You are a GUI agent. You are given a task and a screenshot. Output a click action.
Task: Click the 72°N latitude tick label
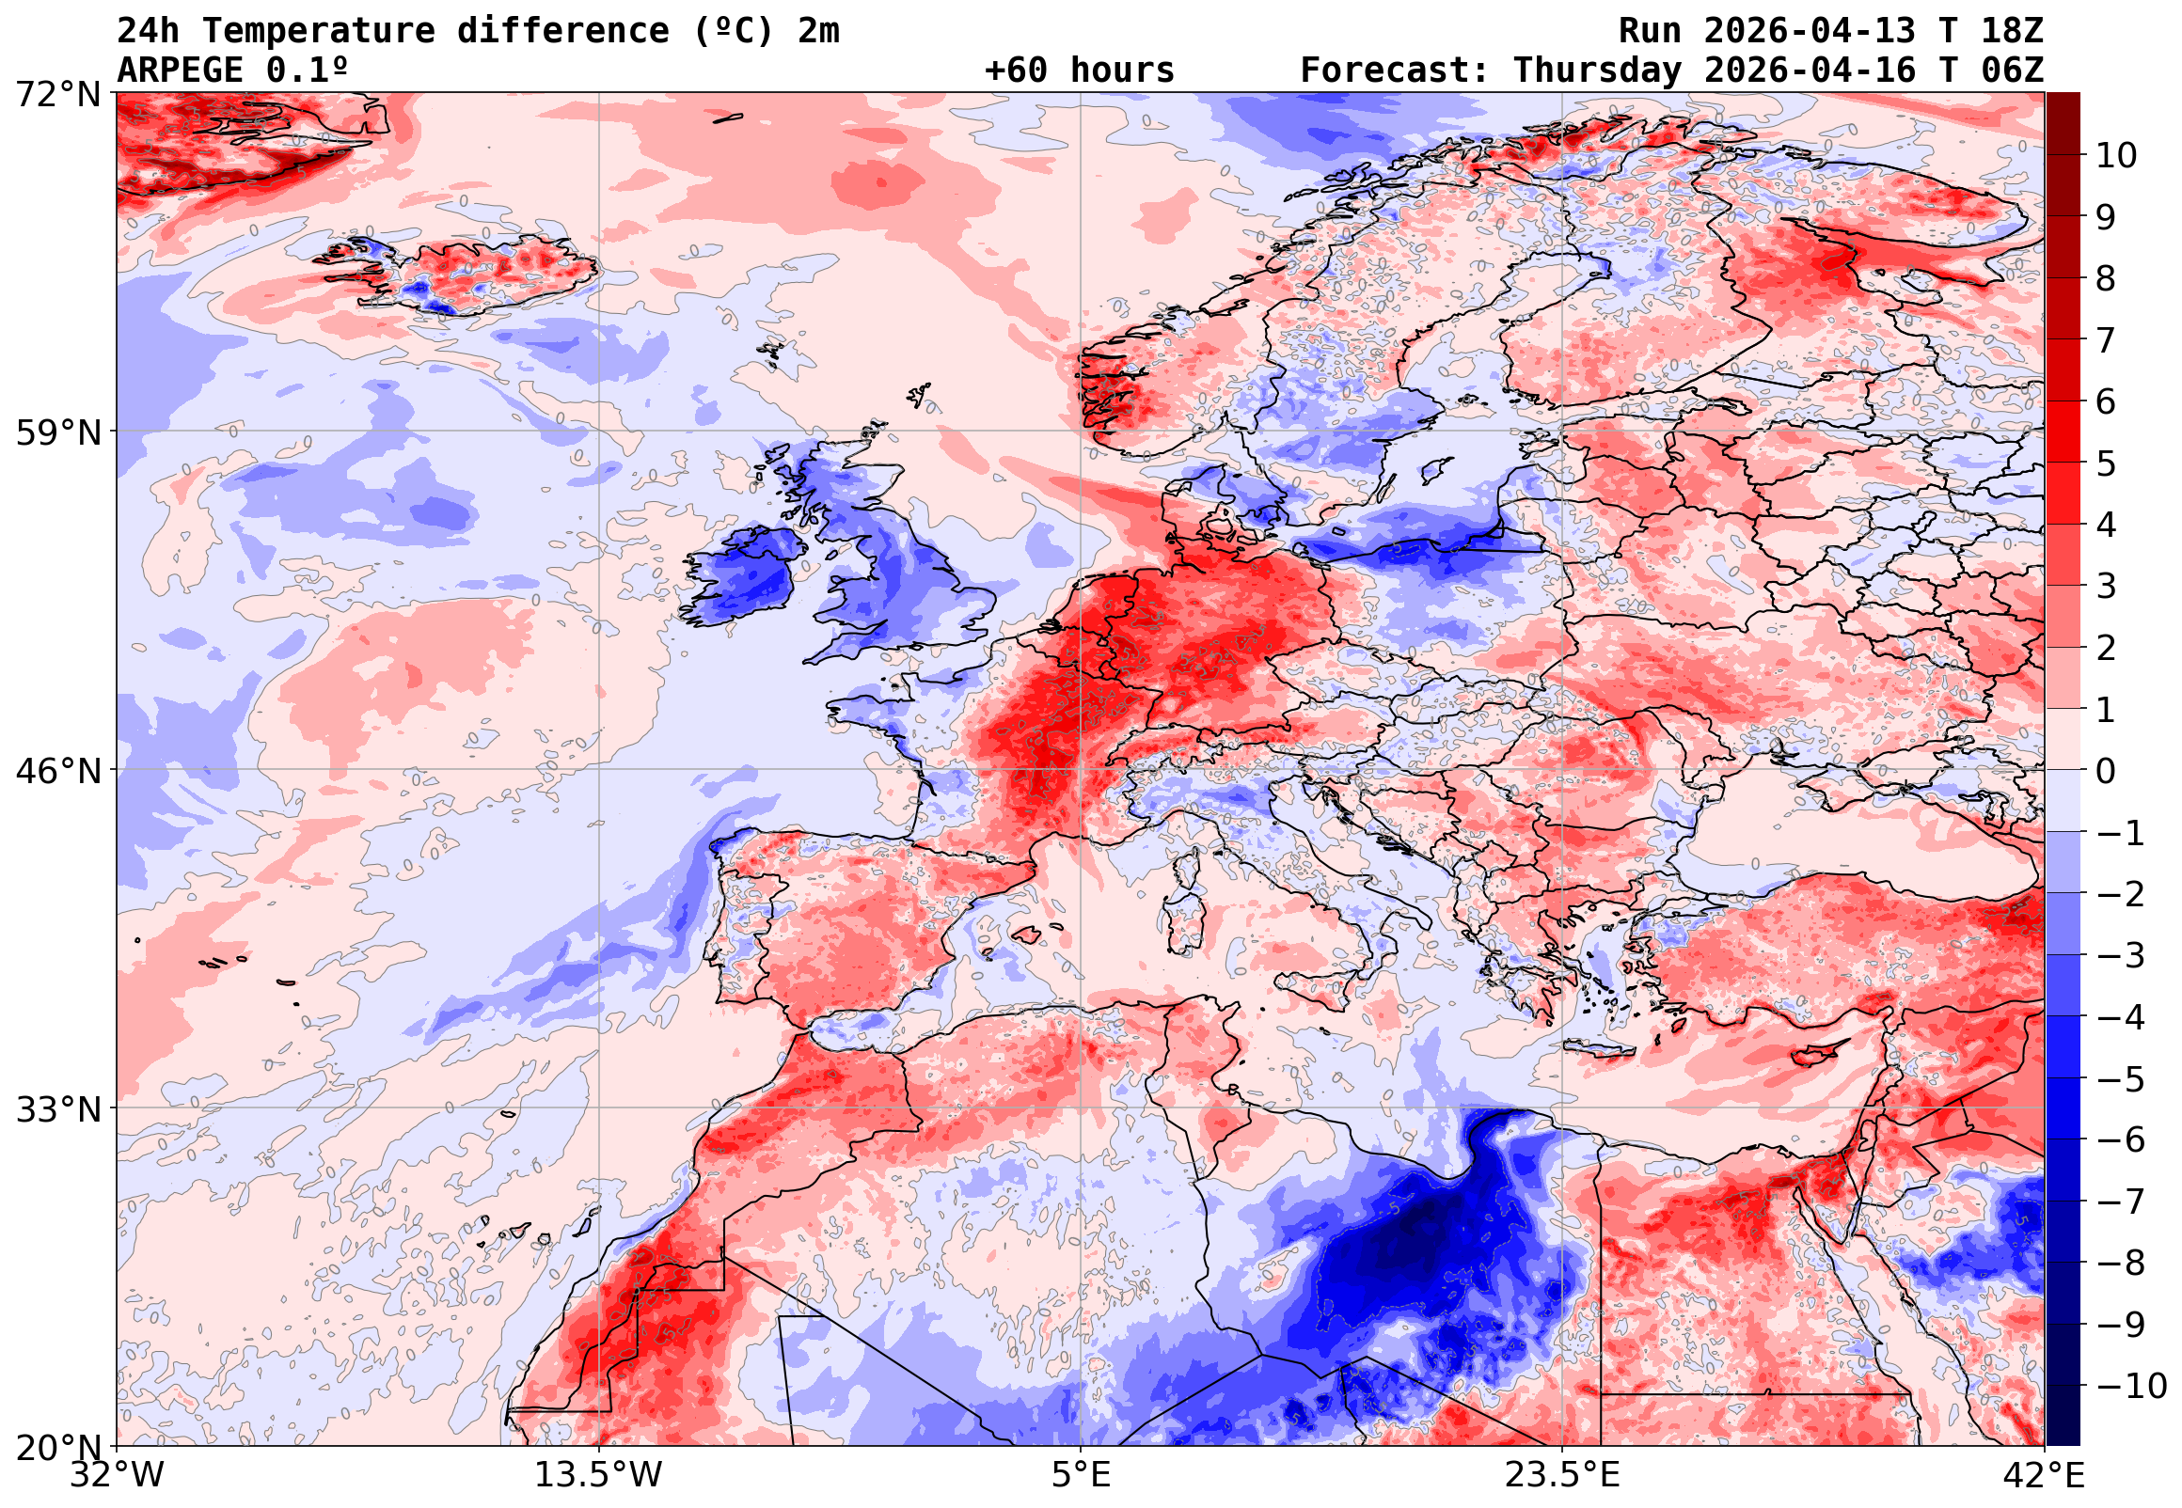point(57,95)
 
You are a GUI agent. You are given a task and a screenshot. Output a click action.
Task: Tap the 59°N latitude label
point(57,432)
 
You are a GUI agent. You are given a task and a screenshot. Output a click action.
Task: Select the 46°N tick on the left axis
point(57,771)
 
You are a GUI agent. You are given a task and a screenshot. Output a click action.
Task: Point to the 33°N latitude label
point(57,1109)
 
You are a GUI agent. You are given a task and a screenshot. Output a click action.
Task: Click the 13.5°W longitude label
point(598,1476)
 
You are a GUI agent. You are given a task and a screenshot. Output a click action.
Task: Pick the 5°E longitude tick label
point(1080,1476)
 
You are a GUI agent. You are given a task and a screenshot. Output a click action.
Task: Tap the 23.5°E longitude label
point(1562,1476)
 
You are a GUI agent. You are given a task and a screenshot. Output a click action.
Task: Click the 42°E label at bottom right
point(2043,1476)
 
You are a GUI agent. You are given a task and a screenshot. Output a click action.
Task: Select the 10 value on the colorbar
point(2116,156)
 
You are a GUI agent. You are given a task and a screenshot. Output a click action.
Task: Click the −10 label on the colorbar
point(2130,1387)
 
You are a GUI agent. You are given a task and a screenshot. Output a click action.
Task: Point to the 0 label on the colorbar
point(2106,772)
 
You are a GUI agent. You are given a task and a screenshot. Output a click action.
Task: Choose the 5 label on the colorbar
point(2106,463)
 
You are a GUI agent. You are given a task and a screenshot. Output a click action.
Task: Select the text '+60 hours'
point(1079,71)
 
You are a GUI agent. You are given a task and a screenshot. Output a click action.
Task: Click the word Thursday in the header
point(1597,71)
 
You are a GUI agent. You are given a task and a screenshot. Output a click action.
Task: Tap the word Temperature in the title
point(318,31)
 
